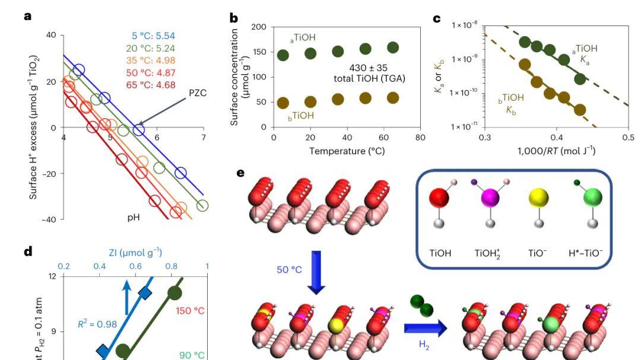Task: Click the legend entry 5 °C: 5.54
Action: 153,36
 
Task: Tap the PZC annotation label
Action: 198,93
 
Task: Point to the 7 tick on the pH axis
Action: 204,138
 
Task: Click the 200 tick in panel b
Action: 259,27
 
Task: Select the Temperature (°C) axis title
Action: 347,151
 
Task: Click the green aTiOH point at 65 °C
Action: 393,47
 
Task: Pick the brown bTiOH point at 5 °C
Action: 283,103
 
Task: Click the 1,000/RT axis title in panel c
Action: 556,151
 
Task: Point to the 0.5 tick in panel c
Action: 629,138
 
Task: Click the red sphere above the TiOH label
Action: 440,198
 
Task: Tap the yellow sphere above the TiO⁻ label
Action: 539,198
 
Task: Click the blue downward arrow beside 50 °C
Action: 317,272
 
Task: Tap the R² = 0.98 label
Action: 97,324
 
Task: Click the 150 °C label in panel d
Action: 190,311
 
